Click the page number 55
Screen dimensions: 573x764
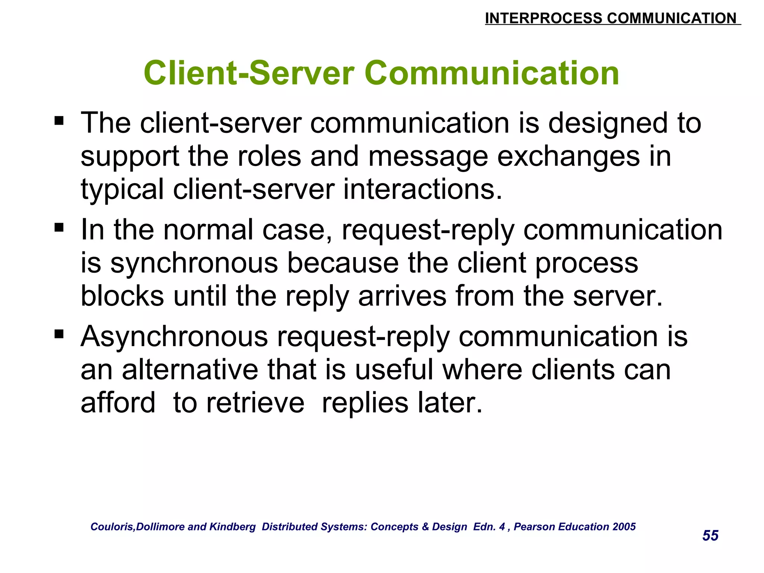(x=710, y=535)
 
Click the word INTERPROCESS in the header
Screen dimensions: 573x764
(x=544, y=18)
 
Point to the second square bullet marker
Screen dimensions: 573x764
(x=59, y=227)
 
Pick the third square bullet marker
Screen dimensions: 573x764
(x=59, y=334)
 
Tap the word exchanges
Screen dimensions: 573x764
(x=569, y=157)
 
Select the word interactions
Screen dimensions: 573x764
(x=422, y=190)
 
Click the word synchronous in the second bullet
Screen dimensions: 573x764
(x=194, y=263)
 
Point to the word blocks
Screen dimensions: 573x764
(x=122, y=296)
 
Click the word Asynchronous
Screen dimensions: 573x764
(x=174, y=336)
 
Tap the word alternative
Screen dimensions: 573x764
(x=190, y=370)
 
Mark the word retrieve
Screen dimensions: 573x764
(x=255, y=403)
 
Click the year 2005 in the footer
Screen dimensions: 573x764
(x=624, y=526)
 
